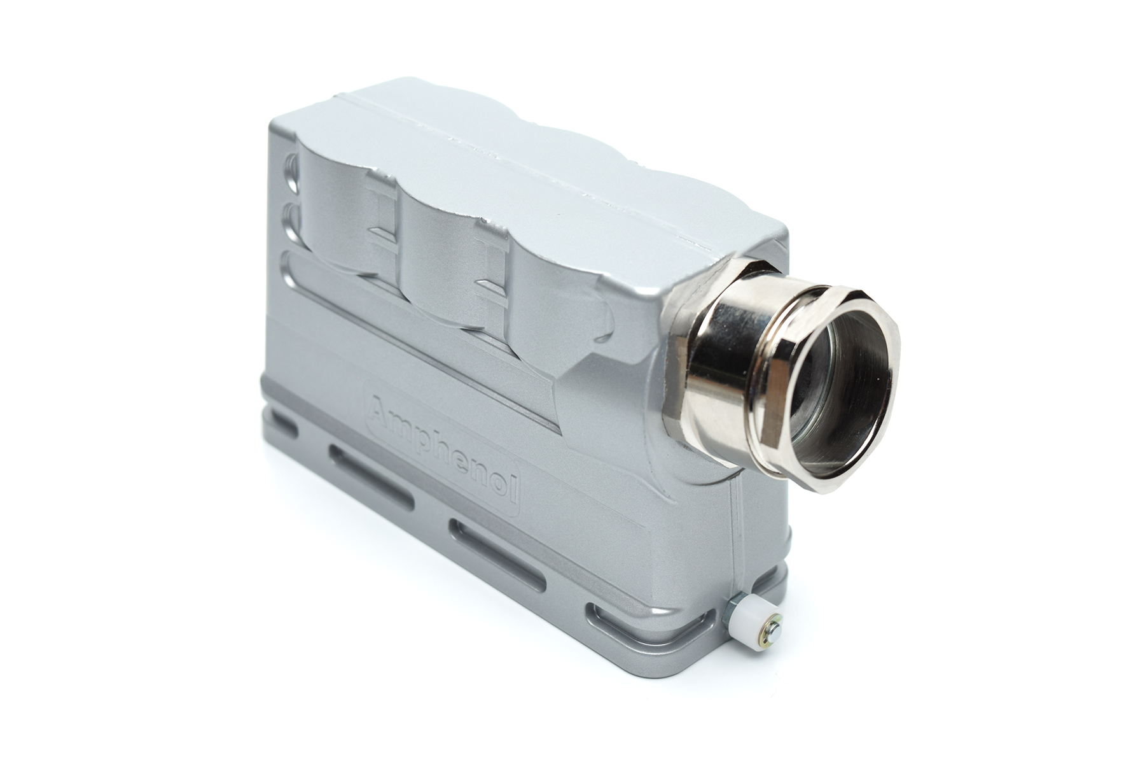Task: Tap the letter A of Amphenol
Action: [x=380, y=407]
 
